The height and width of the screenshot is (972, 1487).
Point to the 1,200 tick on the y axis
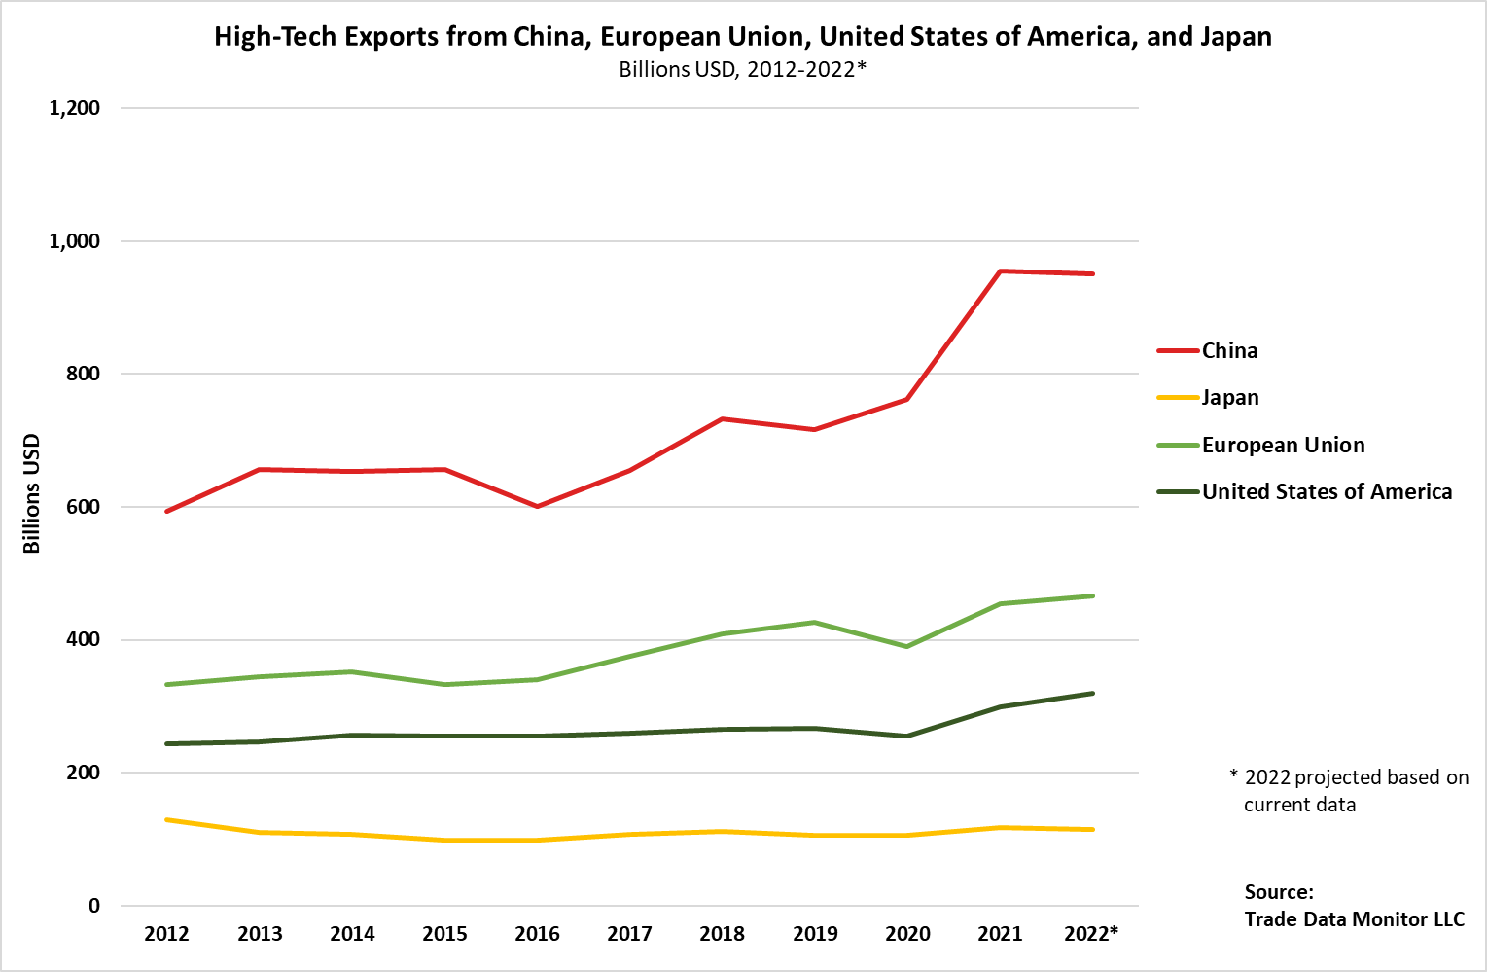click(75, 108)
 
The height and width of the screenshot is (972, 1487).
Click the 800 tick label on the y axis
click(83, 374)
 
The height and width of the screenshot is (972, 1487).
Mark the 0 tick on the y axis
click(94, 906)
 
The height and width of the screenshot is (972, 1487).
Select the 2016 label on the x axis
click(537, 934)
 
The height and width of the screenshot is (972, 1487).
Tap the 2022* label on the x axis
click(1091, 934)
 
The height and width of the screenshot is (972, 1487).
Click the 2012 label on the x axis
click(166, 934)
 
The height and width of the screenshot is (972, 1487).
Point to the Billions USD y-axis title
click(32, 493)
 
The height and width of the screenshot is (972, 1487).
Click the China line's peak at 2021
click(1000, 271)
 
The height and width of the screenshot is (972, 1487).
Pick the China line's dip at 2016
click(537, 506)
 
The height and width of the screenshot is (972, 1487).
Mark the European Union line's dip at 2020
click(907, 646)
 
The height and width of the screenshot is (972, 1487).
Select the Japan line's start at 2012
click(167, 820)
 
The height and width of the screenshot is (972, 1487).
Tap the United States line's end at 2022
click(1092, 694)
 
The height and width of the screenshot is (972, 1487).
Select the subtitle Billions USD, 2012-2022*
click(742, 70)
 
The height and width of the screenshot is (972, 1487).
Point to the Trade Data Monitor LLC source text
click(1354, 919)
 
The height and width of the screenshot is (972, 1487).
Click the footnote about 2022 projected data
click(1349, 790)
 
